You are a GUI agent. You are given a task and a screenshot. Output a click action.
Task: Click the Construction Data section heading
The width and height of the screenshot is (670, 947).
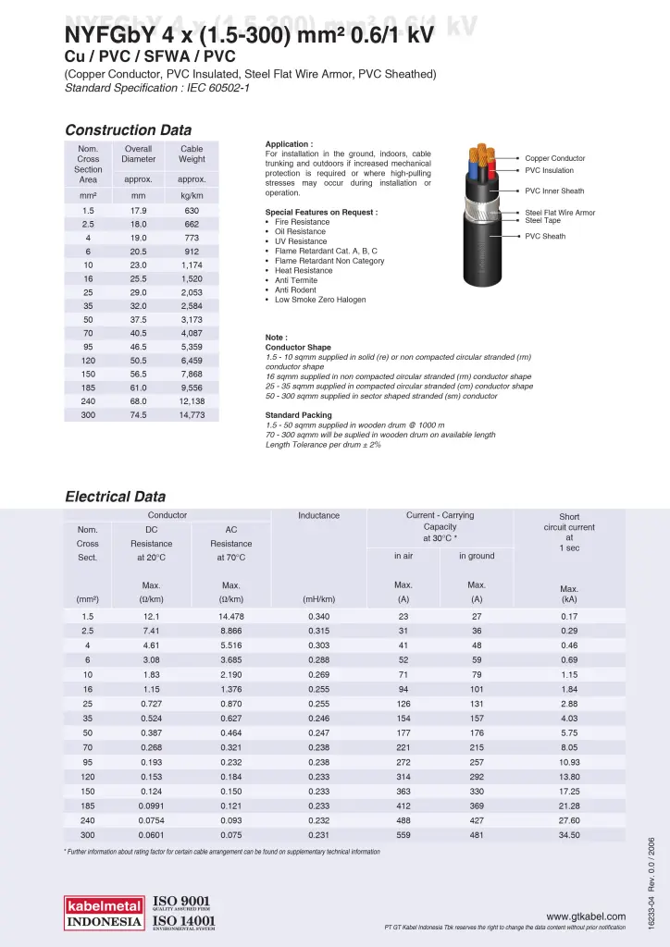click(128, 130)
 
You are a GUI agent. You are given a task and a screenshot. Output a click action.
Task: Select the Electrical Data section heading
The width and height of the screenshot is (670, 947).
click(115, 497)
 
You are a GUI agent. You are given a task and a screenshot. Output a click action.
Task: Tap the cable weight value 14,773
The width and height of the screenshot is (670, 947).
click(192, 415)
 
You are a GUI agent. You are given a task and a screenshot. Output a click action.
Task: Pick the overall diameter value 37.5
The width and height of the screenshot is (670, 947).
click(139, 320)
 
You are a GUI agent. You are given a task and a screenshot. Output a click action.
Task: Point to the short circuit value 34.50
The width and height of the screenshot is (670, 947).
click(569, 835)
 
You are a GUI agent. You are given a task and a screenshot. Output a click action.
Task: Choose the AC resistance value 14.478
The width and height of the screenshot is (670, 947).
click(231, 616)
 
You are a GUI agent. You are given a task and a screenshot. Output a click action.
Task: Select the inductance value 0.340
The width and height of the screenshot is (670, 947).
click(318, 616)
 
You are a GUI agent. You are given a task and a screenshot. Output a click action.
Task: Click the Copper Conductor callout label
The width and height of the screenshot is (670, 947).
click(554, 158)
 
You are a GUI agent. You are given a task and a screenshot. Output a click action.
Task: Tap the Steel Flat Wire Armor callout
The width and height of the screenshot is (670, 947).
click(560, 213)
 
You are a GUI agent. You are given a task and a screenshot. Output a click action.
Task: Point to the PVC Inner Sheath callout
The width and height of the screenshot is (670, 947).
click(554, 191)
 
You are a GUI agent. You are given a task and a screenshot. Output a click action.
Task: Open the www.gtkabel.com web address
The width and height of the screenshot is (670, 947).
click(586, 916)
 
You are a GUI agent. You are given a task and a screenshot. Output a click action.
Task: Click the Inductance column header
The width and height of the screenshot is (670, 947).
click(318, 515)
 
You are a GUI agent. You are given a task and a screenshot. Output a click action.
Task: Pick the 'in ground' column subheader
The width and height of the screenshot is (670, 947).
click(477, 556)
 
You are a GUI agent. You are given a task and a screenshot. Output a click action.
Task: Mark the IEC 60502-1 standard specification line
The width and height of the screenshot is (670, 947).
click(157, 88)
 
